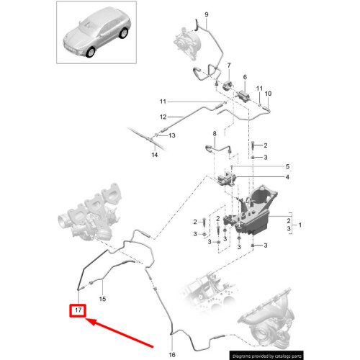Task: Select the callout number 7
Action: (228, 66)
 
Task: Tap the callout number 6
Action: (245, 77)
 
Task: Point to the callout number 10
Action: (269, 94)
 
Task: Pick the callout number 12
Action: (163, 117)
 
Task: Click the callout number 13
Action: (171, 135)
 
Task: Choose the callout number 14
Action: (154, 154)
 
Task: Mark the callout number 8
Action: (214, 135)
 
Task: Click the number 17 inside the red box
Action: (78, 311)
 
